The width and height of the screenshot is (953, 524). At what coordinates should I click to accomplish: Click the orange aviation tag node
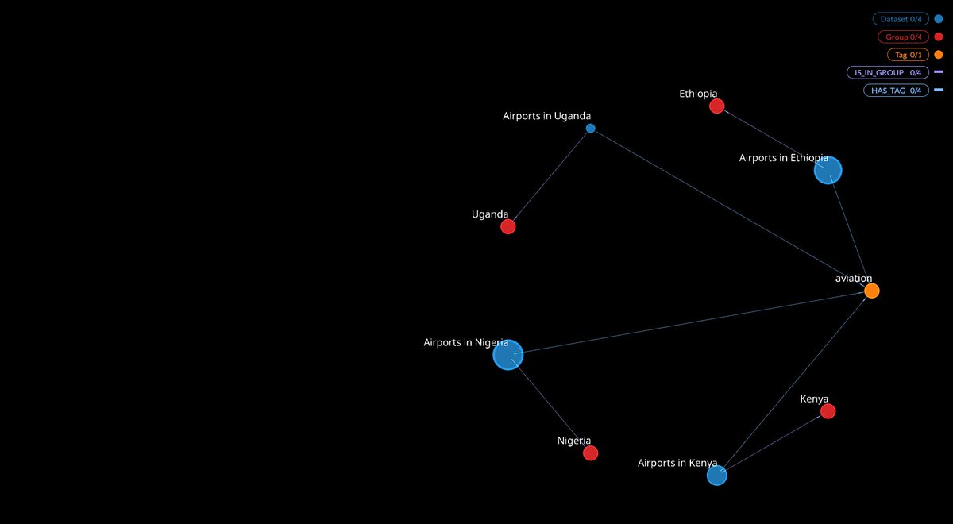click(x=871, y=291)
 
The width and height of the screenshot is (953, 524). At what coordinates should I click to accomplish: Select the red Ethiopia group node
click(x=716, y=106)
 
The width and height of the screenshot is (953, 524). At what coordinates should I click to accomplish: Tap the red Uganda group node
click(x=508, y=227)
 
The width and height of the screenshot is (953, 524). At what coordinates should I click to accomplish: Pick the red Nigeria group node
click(x=590, y=453)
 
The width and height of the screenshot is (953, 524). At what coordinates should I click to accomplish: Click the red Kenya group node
click(x=828, y=411)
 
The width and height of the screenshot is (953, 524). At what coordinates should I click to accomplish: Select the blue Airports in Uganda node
click(x=590, y=128)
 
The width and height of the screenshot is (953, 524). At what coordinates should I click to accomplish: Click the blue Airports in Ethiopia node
click(x=828, y=170)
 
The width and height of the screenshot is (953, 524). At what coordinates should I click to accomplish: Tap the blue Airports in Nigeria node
click(x=508, y=355)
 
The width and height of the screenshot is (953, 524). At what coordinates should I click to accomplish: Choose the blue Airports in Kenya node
click(x=716, y=476)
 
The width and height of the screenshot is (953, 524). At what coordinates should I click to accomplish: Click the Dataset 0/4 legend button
click(x=900, y=19)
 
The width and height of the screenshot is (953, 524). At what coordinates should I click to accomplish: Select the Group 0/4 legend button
click(x=903, y=37)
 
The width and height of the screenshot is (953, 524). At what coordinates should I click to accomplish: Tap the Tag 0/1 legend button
click(x=908, y=55)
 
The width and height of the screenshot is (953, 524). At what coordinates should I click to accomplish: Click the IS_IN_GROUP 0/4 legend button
click(x=887, y=72)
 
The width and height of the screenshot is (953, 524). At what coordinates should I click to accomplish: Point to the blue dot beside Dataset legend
click(x=939, y=19)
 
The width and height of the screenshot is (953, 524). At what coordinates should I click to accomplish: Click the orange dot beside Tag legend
click(x=939, y=55)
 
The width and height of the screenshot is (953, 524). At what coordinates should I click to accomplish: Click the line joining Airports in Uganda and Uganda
click(x=550, y=177)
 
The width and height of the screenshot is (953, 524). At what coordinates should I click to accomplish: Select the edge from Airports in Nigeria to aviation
click(x=689, y=323)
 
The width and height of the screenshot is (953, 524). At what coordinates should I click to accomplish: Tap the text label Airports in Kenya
click(x=677, y=463)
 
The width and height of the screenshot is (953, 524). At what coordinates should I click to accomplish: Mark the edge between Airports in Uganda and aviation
click(x=731, y=209)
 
